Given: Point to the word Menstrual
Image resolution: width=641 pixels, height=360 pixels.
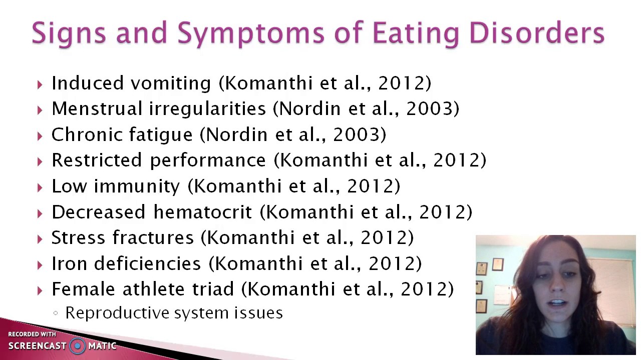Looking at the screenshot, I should [x=98, y=109].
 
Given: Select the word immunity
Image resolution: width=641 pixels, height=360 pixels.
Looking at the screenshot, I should [x=137, y=186].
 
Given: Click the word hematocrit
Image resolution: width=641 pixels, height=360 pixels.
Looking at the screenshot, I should [x=202, y=212].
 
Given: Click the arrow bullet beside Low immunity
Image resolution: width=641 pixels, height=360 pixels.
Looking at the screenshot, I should [x=40, y=187].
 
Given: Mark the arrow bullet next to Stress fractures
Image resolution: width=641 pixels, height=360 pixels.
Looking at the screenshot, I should [x=40, y=239].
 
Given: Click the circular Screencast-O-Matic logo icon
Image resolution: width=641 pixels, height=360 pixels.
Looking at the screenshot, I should [x=77, y=345].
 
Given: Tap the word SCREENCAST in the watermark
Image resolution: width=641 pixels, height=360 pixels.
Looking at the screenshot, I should [x=37, y=346].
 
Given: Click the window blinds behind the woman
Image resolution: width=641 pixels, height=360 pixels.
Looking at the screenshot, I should [x=618, y=280].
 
